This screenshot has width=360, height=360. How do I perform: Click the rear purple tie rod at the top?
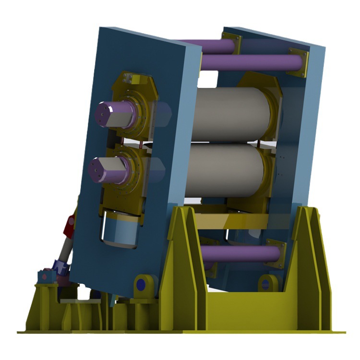click(206, 46)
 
